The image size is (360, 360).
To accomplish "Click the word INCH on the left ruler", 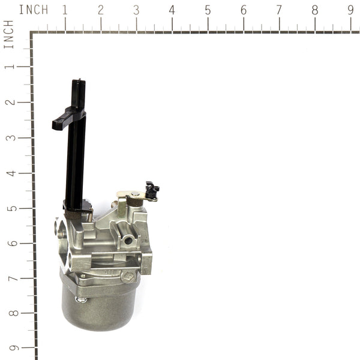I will [9, 34].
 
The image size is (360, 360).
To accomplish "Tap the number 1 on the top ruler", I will [65, 10].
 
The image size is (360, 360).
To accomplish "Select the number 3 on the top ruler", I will [136, 10].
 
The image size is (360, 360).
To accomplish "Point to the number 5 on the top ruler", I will [208, 10].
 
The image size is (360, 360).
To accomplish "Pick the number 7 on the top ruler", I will [279, 10].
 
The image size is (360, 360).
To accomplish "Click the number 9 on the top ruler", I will [350, 10].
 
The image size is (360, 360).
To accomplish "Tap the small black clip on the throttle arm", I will [152, 191].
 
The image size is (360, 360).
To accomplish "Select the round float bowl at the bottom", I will [99, 303].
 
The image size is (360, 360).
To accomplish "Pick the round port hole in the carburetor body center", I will [128, 240].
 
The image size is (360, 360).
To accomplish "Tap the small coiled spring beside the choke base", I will [114, 205].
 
